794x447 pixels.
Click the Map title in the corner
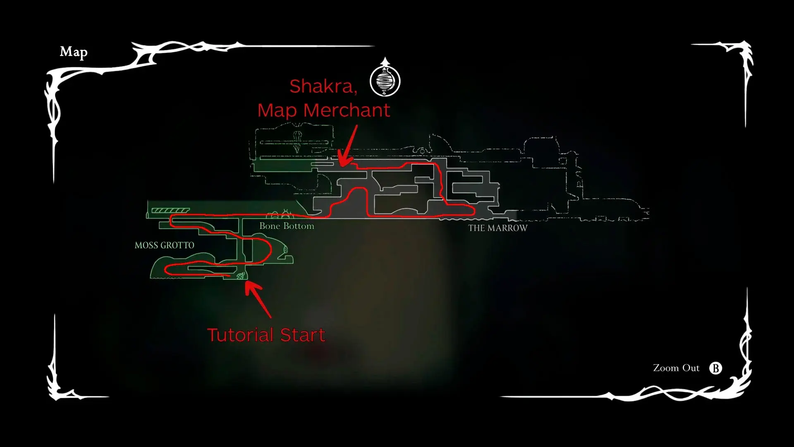pyautogui.click(x=74, y=52)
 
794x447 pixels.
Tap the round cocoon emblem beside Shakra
pyautogui.click(x=385, y=80)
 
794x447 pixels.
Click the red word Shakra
pyautogui.click(x=323, y=87)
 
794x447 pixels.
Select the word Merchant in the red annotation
pyautogui.click(x=347, y=111)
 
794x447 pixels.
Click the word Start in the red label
pyautogui.click(x=303, y=335)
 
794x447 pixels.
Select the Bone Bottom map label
pyautogui.click(x=287, y=226)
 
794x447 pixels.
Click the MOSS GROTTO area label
pyautogui.click(x=164, y=245)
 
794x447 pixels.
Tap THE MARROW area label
pyautogui.click(x=498, y=228)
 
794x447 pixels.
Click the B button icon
pyautogui.click(x=715, y=368)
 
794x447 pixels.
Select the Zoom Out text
pyautogui.click(x=676, y=368)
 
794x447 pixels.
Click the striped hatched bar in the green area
pyautogui.click(x=170, y=211)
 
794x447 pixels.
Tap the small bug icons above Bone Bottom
pyautogui.click(x=280, y=214)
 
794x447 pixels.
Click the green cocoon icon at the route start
pyautogui.click(x=241, y=276)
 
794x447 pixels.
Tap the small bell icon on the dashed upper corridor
pyautogui.click(x=422, y=150)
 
